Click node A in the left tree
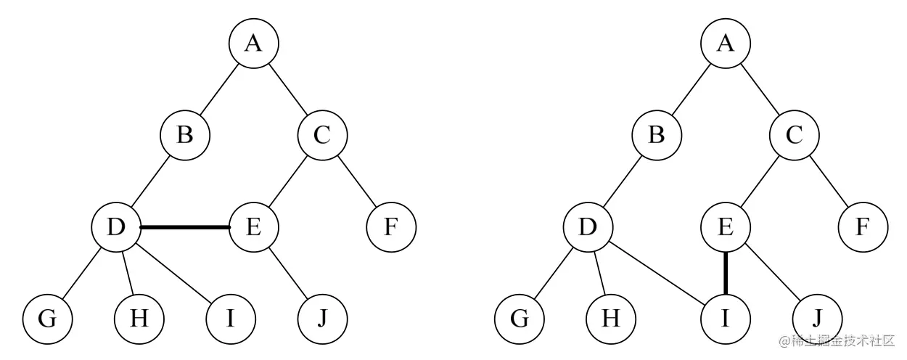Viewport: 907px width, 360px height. pyautogui.click(x=254, y=44)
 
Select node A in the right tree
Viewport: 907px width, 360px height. pyautogui.click(x=726, y=44)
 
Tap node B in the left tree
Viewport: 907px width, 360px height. pyautogui.click(x=185, y=136)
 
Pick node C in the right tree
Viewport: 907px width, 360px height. pyautogui.click(x=795, y=136)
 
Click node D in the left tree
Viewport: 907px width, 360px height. pyautogui.click(x=116, y=227)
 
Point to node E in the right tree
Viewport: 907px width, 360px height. pyautogui.click(x=726, y=227)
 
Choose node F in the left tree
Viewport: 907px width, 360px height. pyautogui.click(x=391, y=227)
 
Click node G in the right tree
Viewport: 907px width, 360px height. pyautogui.click(x=520, y=319)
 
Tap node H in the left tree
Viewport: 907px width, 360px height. pyautogui.click(x=139, y=319)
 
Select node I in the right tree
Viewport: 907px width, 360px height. pyautogui.click(x=726, y=319)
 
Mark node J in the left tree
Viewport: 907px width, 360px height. pyautogui.click(x=322, y=319)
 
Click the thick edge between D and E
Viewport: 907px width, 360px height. pyautogui.click(x=185, y=227)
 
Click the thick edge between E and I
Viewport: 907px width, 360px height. pyautogui.click(x=726, y=273)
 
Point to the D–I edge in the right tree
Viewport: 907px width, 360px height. pyautogui.click(x=657, y=273)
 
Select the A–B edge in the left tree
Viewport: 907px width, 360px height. pyautogui.click(x=219, y=90)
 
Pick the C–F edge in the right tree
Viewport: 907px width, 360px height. pyautogui.click(x=829, y=181)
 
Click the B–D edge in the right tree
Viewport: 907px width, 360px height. pyautogui.click(x=622, y=181)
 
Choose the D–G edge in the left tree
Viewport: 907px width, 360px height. pyautogui.click(x=82, y=273)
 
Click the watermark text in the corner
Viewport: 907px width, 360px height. pyautogui.click(x=837, y=340)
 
